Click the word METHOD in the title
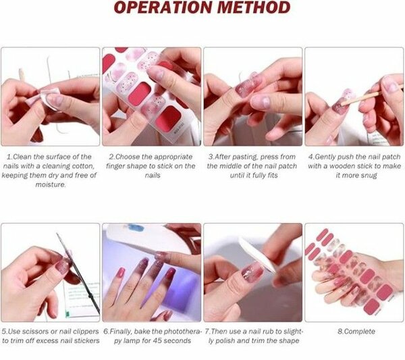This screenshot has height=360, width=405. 248,9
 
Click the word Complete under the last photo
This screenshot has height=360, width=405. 358,332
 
